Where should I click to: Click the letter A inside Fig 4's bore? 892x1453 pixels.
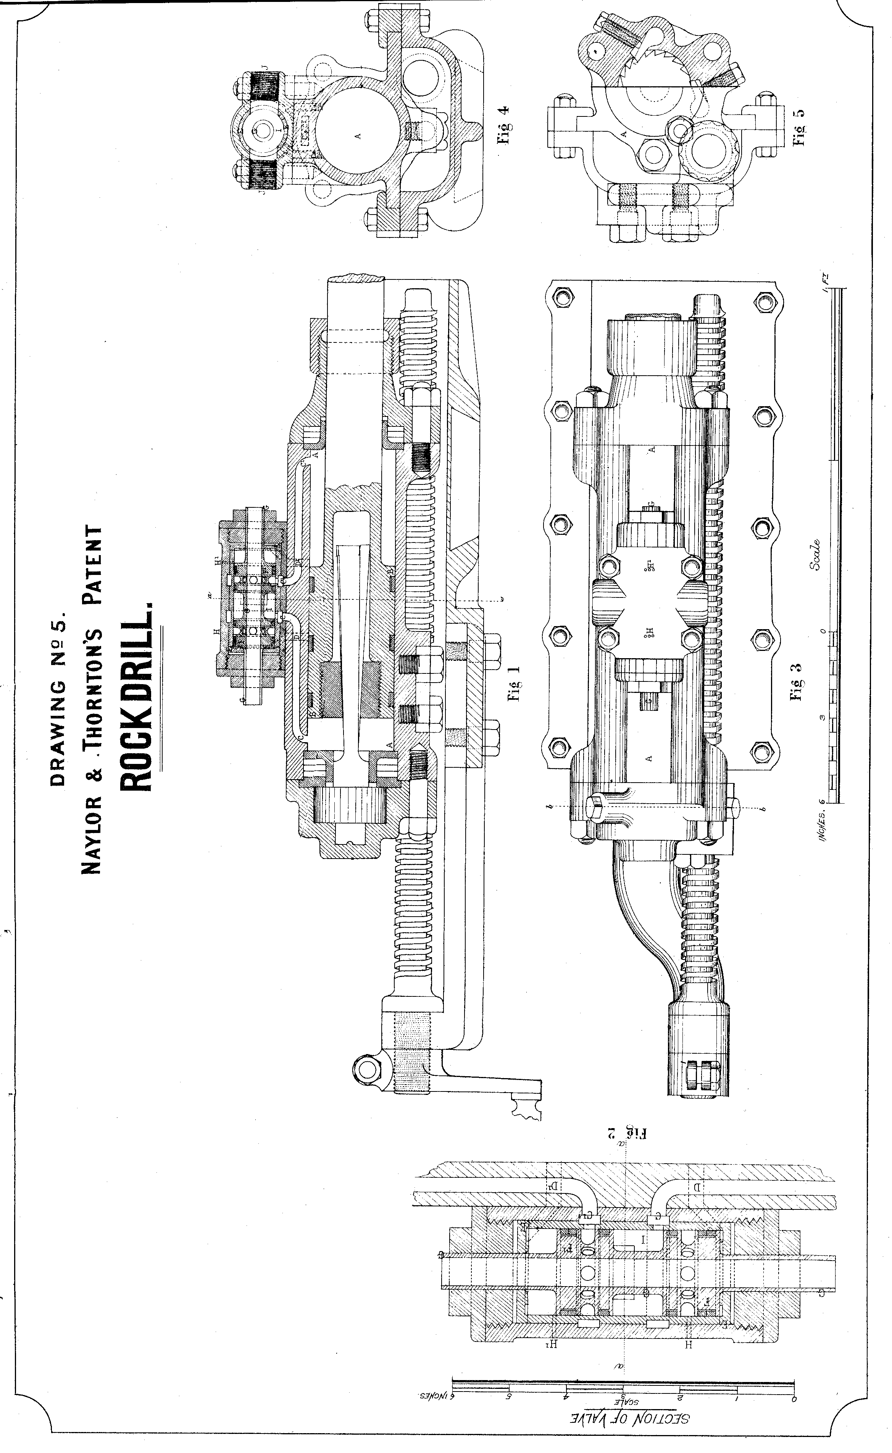[x=357, y=136]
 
